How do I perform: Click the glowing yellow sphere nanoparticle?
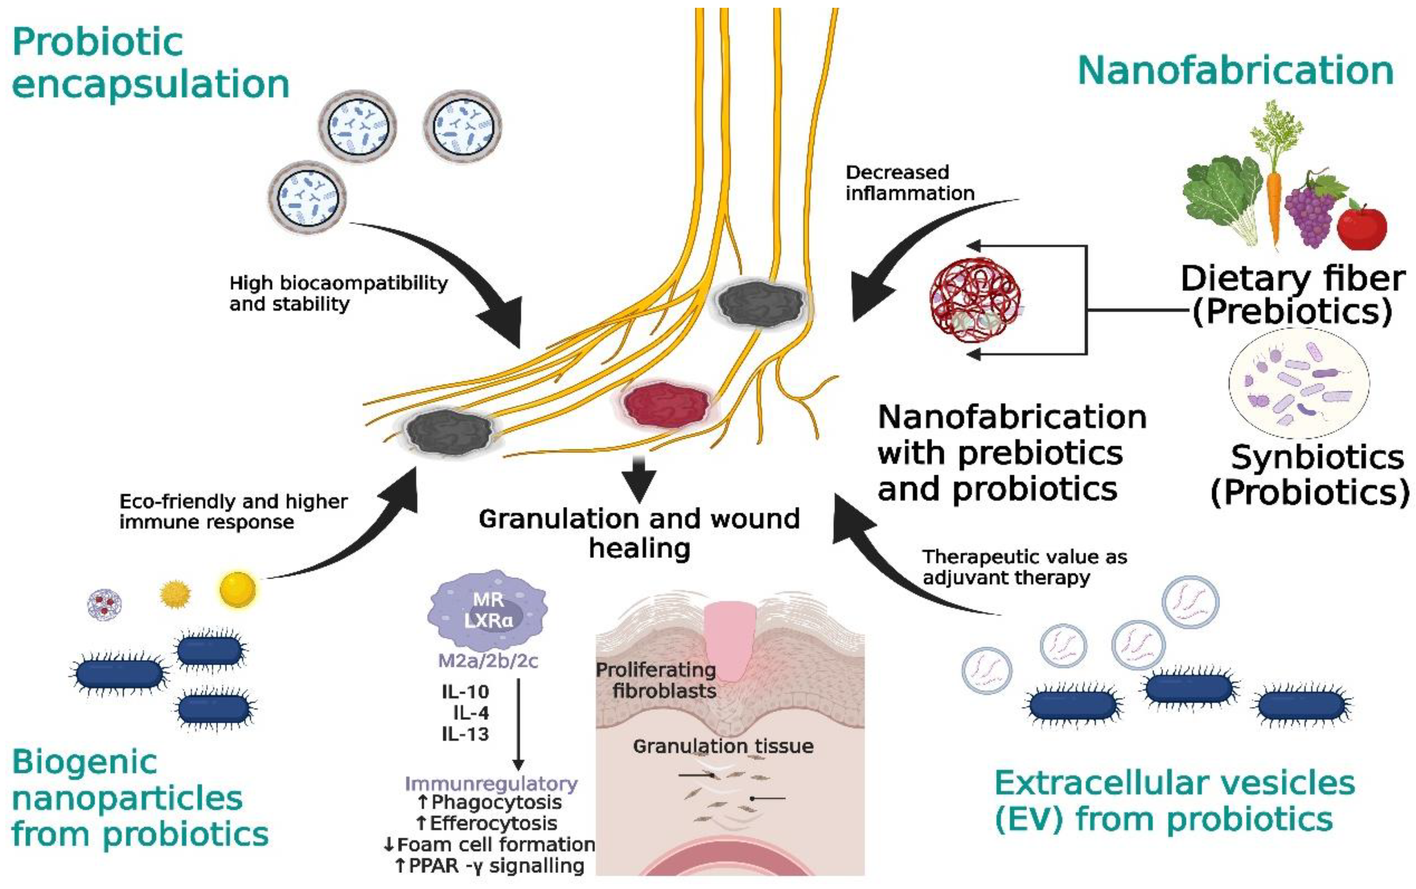238,589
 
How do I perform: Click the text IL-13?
465,734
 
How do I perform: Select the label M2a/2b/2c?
488,661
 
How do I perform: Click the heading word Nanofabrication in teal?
1235,70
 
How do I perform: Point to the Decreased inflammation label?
909,183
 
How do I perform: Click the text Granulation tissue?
723,746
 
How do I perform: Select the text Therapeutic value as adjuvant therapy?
1023,567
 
